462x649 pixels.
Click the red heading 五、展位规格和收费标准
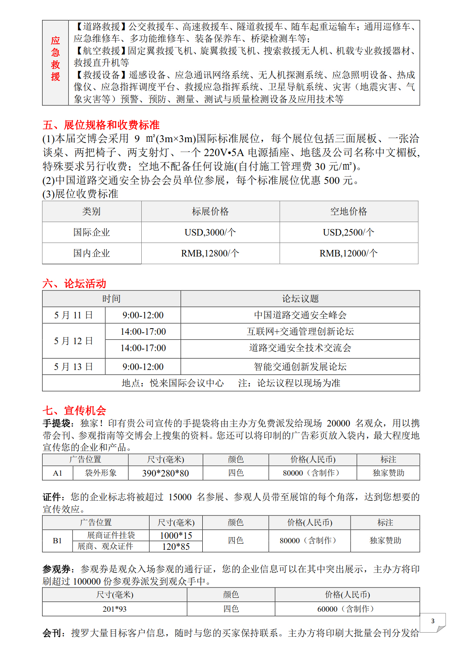[x=101, y=125]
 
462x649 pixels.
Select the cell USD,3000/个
[x=210, y=232]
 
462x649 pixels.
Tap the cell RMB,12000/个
[x=349, y=253]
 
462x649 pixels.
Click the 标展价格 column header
[x=210, y=211]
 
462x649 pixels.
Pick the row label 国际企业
[x=92, y=232]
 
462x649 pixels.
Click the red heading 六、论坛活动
[x=74, y=284]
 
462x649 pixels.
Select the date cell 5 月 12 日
[x=74, y=341]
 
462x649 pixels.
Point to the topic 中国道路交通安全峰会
[x=300, y=315]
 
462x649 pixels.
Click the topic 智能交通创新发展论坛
[x=300, y=367]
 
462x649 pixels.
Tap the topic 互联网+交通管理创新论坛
[x=300, y=331]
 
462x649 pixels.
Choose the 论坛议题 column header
[x=300, y=299]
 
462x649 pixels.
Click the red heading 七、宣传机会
[x=74, y=411]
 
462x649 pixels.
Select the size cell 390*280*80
[x=165, y=473]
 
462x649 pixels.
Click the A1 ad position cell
[x=58, y=473]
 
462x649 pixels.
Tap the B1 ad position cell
[x=57, y=541]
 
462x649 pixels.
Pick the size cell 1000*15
[x=176, y=536]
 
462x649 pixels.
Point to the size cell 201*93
[x=115, y=609]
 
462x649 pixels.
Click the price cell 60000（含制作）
[x=347, y=609]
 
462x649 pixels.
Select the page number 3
[x=433, y=621]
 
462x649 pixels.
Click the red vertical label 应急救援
[x=55, y=59]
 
